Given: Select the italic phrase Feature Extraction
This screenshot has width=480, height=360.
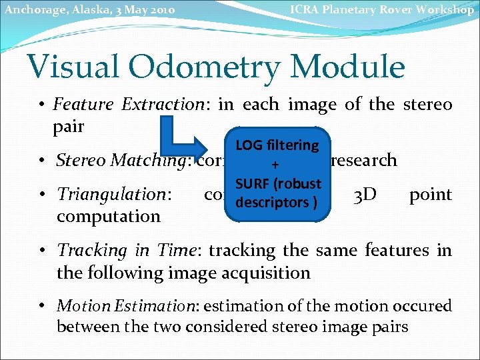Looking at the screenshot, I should (x=128, y=105).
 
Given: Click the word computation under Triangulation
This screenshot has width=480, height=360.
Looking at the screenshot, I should (x=109, y=216).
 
